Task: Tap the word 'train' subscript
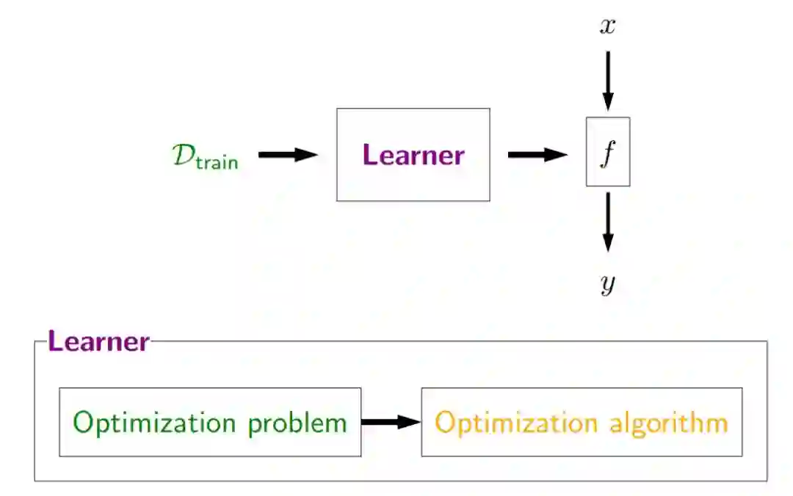click(217, 162)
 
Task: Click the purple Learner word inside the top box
click(413, 155)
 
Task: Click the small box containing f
click(607, 152)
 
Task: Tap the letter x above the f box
click(607, 27)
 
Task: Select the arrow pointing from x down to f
click(607, 80)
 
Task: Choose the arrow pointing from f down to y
click(607, 222)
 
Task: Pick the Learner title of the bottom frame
click(98, 341)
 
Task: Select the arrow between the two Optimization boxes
click(391, 422)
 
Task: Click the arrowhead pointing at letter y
click(607, 241)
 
